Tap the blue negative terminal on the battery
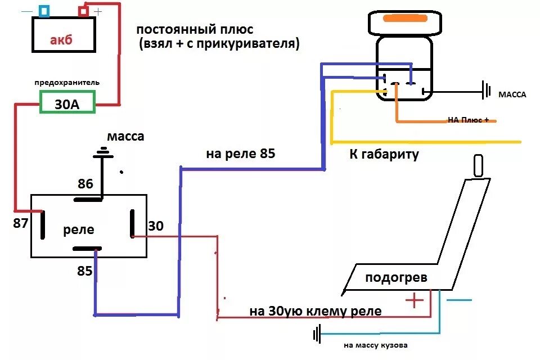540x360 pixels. [44, 11]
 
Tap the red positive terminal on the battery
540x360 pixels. [83, 11]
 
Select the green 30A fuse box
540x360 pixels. [66, 103]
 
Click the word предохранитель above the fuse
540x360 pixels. [67, 83]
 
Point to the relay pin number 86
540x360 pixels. [85, 183]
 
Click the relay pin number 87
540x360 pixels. [20, 223]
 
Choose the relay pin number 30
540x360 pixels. [155, 226]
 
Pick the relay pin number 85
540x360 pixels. [85, 271]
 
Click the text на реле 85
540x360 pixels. [240, 154]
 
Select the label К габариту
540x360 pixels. [384, 155]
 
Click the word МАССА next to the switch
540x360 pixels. [512, 94]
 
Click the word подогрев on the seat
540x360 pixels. [396, 277]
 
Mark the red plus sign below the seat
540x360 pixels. [414, 301]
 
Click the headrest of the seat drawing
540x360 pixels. [478, 166]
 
